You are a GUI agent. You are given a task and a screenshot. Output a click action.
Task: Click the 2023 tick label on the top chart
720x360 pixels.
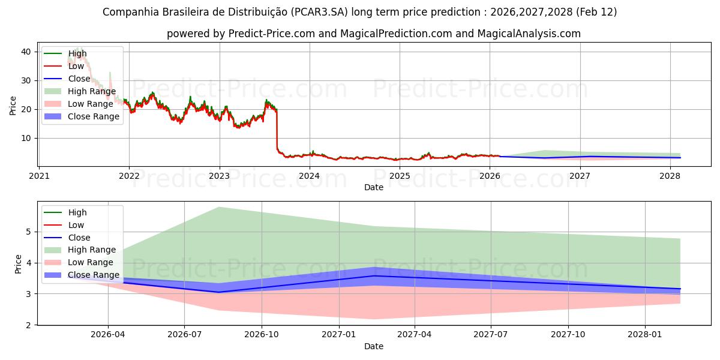(219, 176)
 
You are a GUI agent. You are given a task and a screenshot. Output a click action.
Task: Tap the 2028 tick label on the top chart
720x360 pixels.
(670, 176)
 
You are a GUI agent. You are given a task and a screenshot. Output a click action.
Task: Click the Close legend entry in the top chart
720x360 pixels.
(79, 79)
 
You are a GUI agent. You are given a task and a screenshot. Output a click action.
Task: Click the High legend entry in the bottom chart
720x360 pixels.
(77, 212)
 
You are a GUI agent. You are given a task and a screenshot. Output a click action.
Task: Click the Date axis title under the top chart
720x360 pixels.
(373, 187)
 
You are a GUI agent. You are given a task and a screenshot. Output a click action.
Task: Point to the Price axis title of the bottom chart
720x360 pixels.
(18, 264)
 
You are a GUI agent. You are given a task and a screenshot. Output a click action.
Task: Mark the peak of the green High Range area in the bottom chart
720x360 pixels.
(219, 207)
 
